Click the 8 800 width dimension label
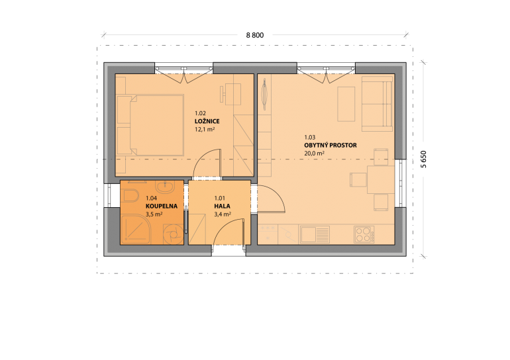[x=255, y=35]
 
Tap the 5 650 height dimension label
[x=423, y=159]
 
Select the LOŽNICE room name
[x=207, y=121]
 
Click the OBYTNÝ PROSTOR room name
[x=331, y=145]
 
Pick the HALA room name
[x=222, y=206]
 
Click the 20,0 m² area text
[x=314, y=154]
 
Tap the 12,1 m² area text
[x=205, y=129]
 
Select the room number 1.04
[x=151, y=198]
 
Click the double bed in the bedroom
[x=150, y=125]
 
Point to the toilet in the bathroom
[x=131, y=196]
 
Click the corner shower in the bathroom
[x=136, y=230]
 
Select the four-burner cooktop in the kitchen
[x=364, y=234]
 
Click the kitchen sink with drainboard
[x=315, y=234]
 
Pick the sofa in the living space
[x=378, y=104]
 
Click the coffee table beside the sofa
[x=346, y=104]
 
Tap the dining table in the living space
[x=381, y=180]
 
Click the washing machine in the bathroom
[x=173, y=234]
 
